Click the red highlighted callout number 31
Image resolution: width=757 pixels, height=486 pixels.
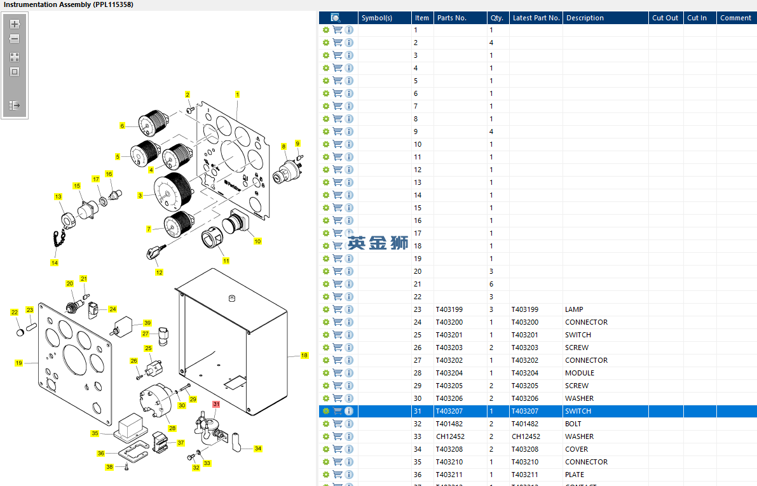point(216,404)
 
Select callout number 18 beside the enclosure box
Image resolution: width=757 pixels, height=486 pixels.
point(304,356)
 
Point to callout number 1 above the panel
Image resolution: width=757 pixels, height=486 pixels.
point(237,94)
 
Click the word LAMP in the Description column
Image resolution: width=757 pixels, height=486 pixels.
point(574,309)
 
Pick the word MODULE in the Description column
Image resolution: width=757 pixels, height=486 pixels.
point(580,373)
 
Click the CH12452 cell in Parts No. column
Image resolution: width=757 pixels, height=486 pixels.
point(450,436)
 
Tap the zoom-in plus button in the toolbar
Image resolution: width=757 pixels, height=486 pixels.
point(15,24)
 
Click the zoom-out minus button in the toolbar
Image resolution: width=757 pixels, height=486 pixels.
point(15,39)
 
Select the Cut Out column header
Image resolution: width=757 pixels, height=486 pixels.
point(665,18)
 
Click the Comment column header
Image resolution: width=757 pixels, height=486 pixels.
point(735,18)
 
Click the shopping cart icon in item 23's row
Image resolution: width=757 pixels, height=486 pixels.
point(338,309)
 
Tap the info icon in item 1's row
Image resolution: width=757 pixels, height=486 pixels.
point(349,30)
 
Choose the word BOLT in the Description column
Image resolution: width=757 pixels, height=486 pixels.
point(573,424)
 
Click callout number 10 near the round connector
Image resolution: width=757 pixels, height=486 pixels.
point(257,241)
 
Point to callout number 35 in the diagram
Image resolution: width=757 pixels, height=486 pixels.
point(95,433)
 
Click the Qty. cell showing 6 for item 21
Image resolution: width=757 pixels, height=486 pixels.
point(491,284)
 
